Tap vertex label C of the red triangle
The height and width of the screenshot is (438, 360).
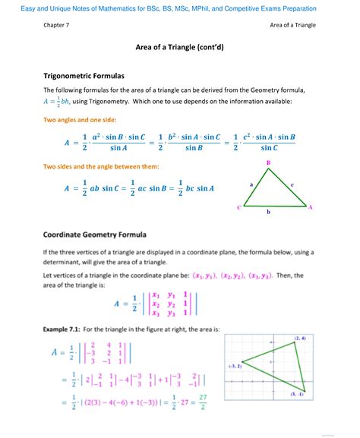[238, 206]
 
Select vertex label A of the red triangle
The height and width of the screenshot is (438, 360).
[311, 206]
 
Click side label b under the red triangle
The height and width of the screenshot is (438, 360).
[268, 213]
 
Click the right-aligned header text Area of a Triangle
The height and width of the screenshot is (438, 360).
[293, 26]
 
